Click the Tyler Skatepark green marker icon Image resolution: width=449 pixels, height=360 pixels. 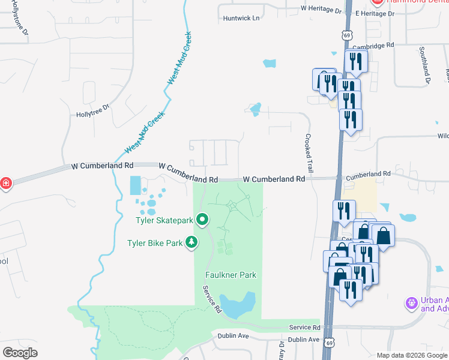coord(203,220)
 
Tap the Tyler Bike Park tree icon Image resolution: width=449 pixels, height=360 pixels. coord(191,242)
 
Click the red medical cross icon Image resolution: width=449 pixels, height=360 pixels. coord(5,183)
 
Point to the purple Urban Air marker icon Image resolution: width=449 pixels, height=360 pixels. coord(412,304)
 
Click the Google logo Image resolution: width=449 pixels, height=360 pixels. coord(20,352)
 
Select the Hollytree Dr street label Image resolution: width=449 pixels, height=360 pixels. coord(92,108)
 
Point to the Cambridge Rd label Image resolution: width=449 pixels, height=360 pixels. coord(373,45)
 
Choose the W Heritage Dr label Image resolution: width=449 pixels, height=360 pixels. coord(321,9)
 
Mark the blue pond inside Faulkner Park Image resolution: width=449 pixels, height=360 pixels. coord(237,305)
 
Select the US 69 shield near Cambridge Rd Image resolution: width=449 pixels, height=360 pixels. coord(347,35)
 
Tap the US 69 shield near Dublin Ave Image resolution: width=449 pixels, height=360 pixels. coord(328,342)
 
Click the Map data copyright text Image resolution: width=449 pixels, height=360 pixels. coord(412,355)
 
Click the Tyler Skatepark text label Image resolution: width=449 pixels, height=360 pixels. coord(164,220)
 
